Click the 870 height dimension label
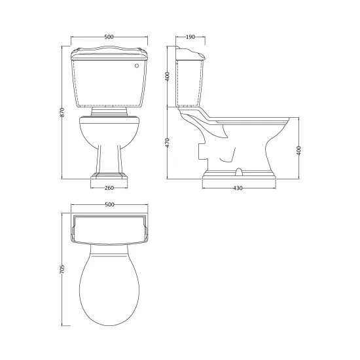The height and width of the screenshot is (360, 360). pos(62,112)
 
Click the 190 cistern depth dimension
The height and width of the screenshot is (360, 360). pos(190,37)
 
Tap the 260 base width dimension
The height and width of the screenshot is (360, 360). pos(109,188)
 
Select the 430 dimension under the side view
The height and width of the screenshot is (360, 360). pos(238,188)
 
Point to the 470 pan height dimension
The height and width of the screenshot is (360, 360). pos(168,143)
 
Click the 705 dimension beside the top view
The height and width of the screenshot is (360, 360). pos(62,269)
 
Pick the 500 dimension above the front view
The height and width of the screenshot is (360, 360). pos(109,37)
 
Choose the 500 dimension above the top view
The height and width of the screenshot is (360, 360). pos(109,205)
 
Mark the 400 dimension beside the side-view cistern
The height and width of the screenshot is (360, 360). pos(168,77)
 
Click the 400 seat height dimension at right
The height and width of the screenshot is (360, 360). pos(298,151)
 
